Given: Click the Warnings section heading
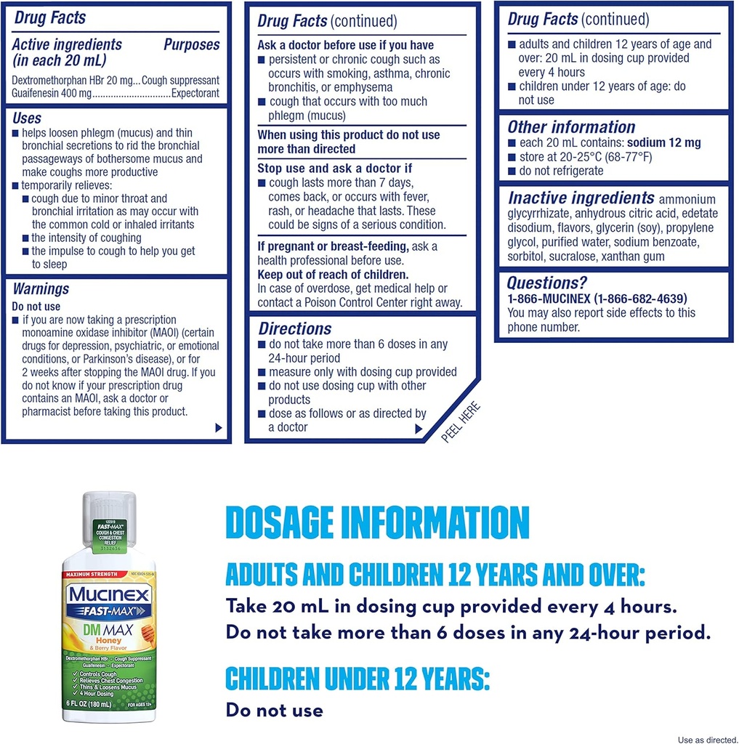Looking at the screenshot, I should (41, 288).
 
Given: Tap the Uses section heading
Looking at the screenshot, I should (27, 118).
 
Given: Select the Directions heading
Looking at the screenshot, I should (295, 328).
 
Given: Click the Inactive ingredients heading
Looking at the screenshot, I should (581, 198).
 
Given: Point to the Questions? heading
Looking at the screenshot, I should (546, 283).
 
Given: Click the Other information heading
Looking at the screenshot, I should (571, 127).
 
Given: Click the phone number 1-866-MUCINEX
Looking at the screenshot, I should (597, 299).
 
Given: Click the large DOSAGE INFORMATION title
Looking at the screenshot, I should (377, 523).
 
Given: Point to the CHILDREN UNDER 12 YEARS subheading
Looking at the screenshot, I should (358, 679).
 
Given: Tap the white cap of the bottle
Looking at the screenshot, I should (109, 506).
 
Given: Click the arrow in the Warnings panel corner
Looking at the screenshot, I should (219, 428).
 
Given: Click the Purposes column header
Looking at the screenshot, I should (191, 44).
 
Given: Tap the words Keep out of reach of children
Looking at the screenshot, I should (334, 275).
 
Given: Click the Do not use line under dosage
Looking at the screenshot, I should (274, 710).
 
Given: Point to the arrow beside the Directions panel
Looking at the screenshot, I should (419, 429).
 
